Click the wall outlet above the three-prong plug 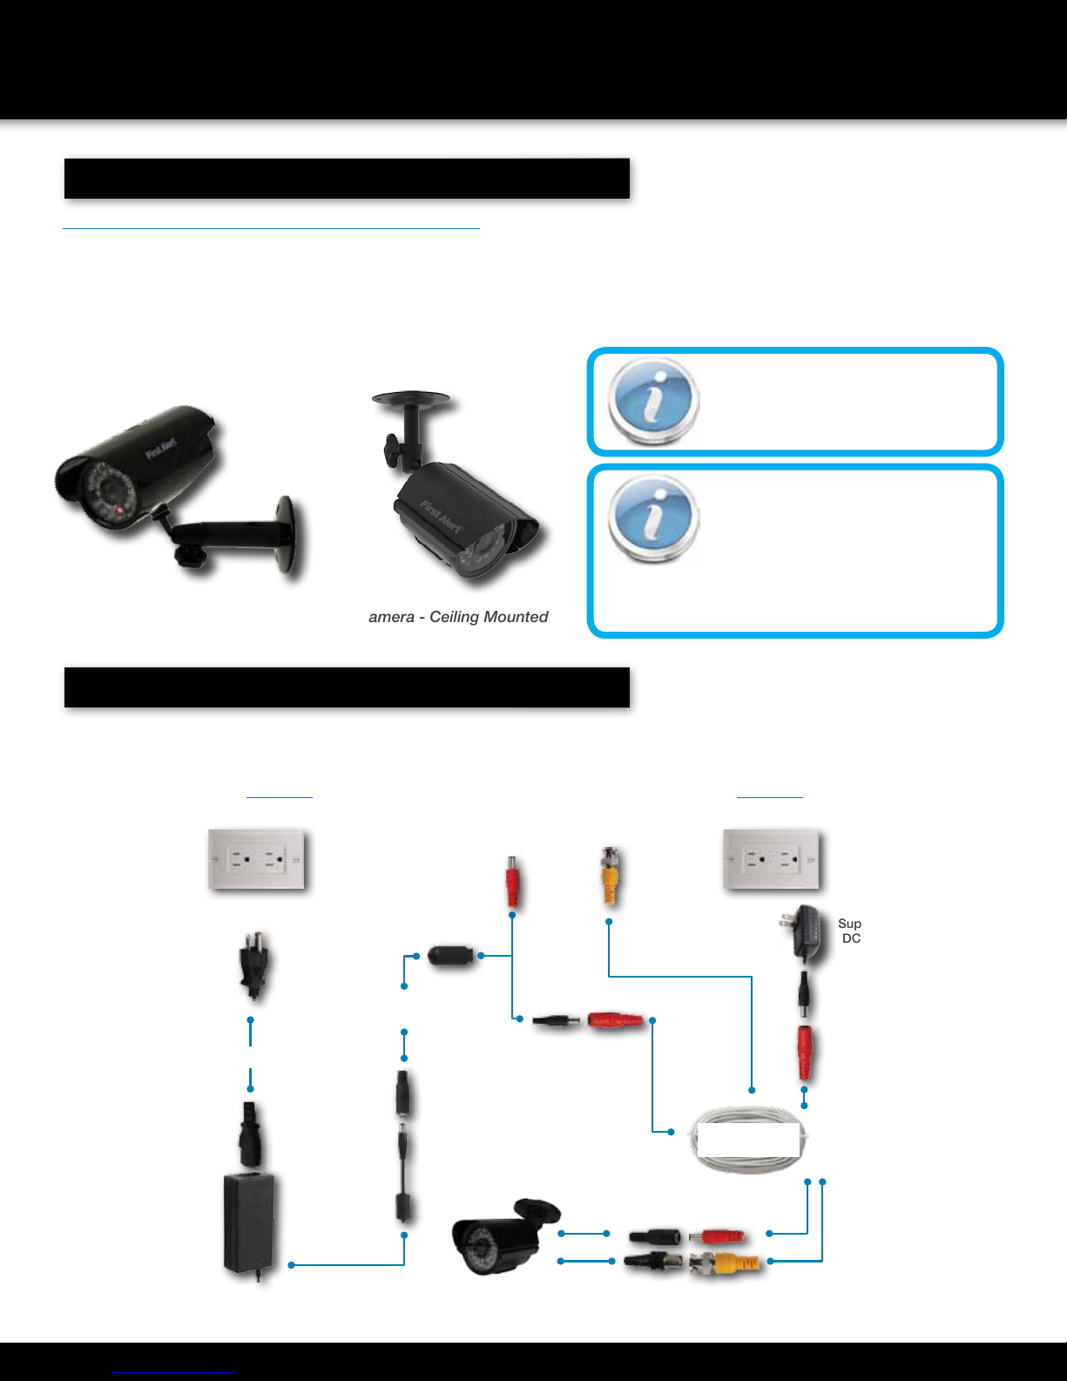click(256, 859)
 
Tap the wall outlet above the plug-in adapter click(772, 859)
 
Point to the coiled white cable click(749, 1140)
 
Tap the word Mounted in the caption click(515, 617)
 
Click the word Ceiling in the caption click(454, 617)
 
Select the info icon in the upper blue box click(653, 401)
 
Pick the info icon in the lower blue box click(653, 519)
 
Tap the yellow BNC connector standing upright click(610, 876)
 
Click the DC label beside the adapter click(851, 938)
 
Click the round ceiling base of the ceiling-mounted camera click(410, 400)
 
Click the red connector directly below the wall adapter click(807, 1053)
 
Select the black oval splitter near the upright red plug click(450, 955)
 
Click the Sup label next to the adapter click(849, 924)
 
